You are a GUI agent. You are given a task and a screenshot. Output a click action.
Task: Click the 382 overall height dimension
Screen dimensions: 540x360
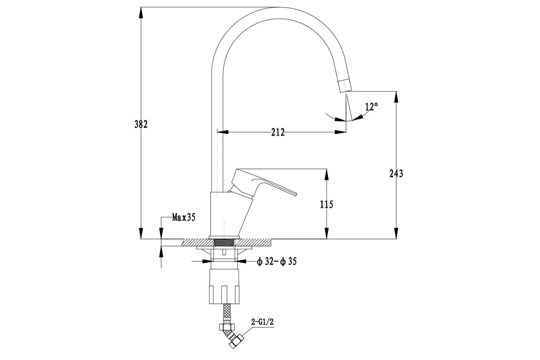(x=141, y=124)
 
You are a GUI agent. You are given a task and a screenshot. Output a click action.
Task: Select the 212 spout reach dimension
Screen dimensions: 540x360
(x=278, y=132)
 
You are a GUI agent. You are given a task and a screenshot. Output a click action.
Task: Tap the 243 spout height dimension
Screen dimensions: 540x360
(x=396, y=173)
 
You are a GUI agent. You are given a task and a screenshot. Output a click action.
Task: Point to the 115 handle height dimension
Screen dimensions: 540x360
(x=327, y=204)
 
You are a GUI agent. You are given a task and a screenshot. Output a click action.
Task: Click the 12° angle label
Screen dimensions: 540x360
(x=372, y=107)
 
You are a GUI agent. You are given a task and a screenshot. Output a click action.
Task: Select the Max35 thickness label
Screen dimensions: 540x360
(x=184, y=217)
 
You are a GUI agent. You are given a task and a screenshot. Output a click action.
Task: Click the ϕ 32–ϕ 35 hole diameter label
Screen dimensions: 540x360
(x=277, y=261)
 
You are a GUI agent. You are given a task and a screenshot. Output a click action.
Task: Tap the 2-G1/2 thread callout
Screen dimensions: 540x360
(x=262, y=322)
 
